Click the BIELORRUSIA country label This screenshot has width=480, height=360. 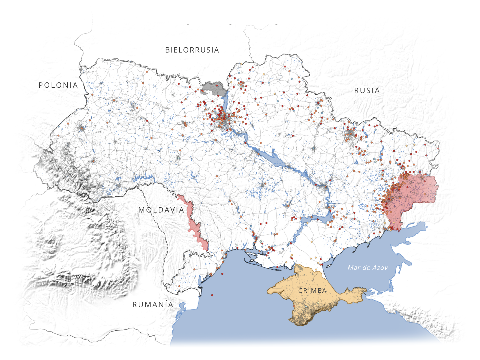tap(192, 50)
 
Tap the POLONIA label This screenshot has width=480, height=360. tap(58, 85)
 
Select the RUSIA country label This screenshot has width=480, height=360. tap(367, 91)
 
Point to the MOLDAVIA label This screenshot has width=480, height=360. tap(161, 210)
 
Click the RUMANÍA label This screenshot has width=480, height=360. tap(153, 305)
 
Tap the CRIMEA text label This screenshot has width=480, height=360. tap(312, 291)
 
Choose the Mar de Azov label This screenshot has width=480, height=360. tap(367, 268)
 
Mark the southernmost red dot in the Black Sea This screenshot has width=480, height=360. tap(212, 295)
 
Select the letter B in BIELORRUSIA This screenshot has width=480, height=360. tap(167, 50)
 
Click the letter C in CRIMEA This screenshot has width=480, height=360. tap(300, 291)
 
